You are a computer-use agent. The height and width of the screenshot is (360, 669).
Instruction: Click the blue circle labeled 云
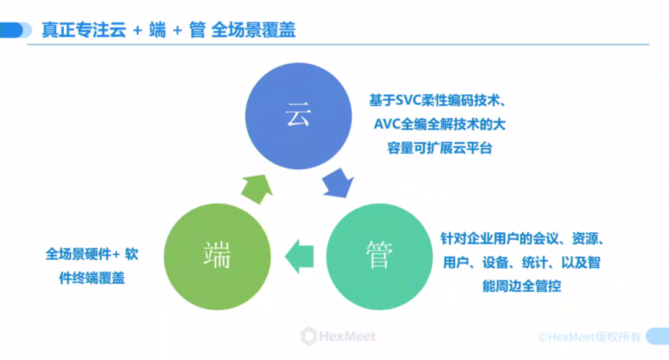coord(298,117)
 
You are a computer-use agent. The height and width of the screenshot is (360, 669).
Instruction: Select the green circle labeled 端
coord(217,255)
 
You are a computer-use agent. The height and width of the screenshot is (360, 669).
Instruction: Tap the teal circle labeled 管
coord(378,257)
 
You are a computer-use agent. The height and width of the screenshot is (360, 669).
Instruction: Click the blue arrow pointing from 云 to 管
coord(338,181)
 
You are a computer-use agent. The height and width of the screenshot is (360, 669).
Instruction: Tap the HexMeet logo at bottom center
coord(338,336)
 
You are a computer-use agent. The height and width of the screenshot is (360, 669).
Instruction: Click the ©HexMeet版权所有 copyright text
coord(589,336)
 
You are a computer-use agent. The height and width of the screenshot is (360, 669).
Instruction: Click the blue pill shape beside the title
coord(15,30)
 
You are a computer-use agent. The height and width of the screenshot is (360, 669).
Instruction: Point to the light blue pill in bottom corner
coord(657,336)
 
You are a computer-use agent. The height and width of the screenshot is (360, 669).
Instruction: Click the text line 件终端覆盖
coord(92,278)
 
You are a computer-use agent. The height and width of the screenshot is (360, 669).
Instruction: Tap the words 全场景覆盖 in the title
coord(253,30)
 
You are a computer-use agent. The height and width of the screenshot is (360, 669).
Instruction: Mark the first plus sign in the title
coord(137,30)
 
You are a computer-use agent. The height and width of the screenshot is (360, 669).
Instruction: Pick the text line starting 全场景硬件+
coord(92,254)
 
